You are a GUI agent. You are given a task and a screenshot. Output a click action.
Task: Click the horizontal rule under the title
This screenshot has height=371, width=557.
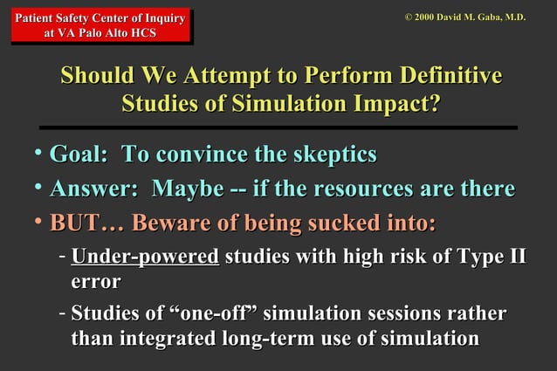[x=278, y=127]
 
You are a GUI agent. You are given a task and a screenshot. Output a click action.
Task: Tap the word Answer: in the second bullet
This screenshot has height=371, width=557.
[x=96, y=189]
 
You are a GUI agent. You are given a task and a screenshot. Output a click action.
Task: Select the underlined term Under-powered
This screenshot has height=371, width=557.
[x=145, y=258]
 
